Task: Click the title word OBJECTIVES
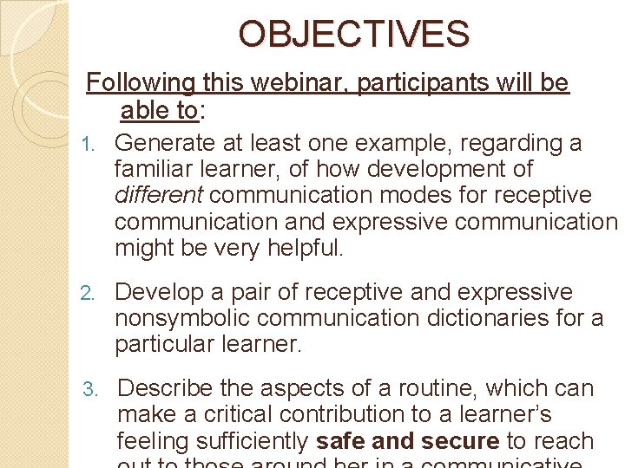tap(354, 34)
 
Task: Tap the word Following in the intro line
tap(141, 83)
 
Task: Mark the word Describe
tap(165, 389)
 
